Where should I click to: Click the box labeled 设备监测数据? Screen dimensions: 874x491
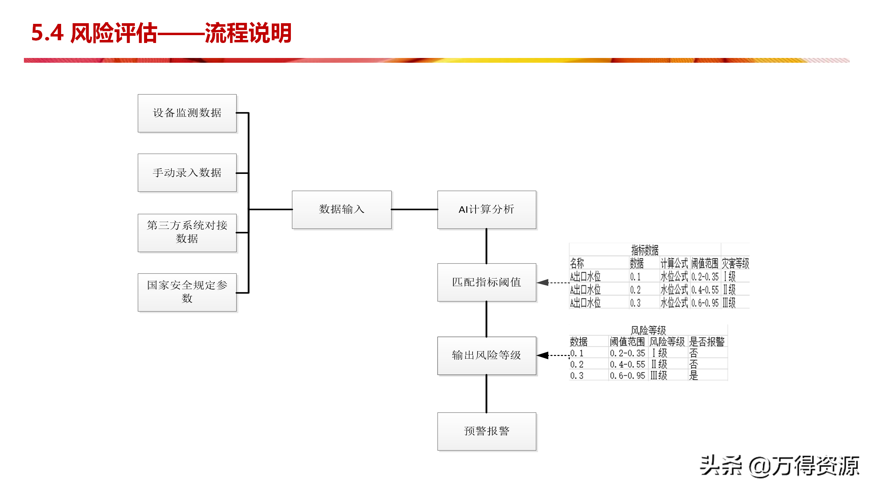pyautogui.click(x=187, y=113)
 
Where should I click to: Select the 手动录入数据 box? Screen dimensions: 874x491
pyautogui.click(x=187, y=173)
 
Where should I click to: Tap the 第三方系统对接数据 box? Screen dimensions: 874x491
pyautogui.click(x=187, y=233)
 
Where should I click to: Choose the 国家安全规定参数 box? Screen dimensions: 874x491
pyautogui.click(x=187, y=292)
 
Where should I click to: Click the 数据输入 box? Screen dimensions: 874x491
pyautogui.click(x=342, y=210)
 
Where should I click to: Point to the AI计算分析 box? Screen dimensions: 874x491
pyautogui.click(x=487, y=210)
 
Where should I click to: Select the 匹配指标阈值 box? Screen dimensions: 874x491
pyautogui.click(x=487, y=282)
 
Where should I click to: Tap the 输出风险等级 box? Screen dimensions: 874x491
pyautogui.click(x=487, y=356)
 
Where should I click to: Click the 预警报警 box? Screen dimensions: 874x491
pyautogui.click(x=487, y=431)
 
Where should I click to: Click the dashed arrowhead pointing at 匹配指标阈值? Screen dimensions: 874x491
pyautogui.click(x=542, y=283)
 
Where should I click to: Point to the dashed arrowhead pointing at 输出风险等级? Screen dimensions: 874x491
pyautogui.click(x=542, y=355)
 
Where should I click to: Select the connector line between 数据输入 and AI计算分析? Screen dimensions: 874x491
pyautogui.click(x=414, y=209)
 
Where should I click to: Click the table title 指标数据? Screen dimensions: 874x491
pyautogui.click(x=645, y=250)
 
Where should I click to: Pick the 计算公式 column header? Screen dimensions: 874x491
pyautogui.click(x=674, y=263)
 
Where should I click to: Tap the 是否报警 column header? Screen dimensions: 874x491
pyautogui.click(x=707, y=342)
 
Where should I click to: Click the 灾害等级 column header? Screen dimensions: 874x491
pyautogui.click(x=735, y=263)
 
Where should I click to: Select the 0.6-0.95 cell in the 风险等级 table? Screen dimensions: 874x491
pyautogui.click(x=628, y=376)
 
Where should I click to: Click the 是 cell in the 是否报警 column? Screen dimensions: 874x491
pyautogui.click(x=693, y=376)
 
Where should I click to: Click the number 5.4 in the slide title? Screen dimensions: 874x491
pyautogui.click(x=47, y=33)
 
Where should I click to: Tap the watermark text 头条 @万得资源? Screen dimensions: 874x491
pyautogui.click(x=780, y=466)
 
